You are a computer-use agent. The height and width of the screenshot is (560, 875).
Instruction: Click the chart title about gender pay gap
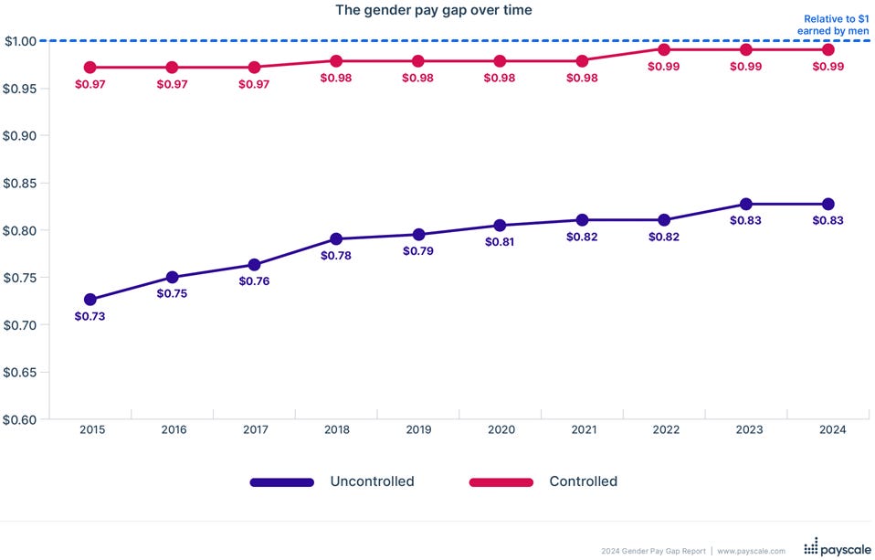coord(434,10)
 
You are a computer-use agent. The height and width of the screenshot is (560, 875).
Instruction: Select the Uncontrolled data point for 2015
coord(90,300)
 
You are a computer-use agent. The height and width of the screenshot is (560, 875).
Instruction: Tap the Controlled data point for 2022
coord(664,49)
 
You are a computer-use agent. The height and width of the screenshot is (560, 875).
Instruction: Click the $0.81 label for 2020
coord(500,243)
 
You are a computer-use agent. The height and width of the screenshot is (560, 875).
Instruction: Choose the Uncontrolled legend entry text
coord(372,481)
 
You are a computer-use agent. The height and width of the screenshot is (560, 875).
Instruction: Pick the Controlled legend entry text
coord(583,481)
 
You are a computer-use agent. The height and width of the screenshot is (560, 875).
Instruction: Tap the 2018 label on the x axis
coord(336,429)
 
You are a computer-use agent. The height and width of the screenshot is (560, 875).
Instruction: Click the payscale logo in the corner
coord(836,548)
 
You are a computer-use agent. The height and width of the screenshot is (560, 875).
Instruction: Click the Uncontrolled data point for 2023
coord(746,204)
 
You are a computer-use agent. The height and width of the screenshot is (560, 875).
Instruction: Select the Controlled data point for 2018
coord(336,61)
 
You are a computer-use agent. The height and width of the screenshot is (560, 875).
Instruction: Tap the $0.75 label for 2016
coord(172,293)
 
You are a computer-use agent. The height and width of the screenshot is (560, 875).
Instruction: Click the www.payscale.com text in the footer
coord(751,551)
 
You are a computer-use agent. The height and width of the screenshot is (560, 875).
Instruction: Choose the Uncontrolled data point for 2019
coord(418,235)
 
